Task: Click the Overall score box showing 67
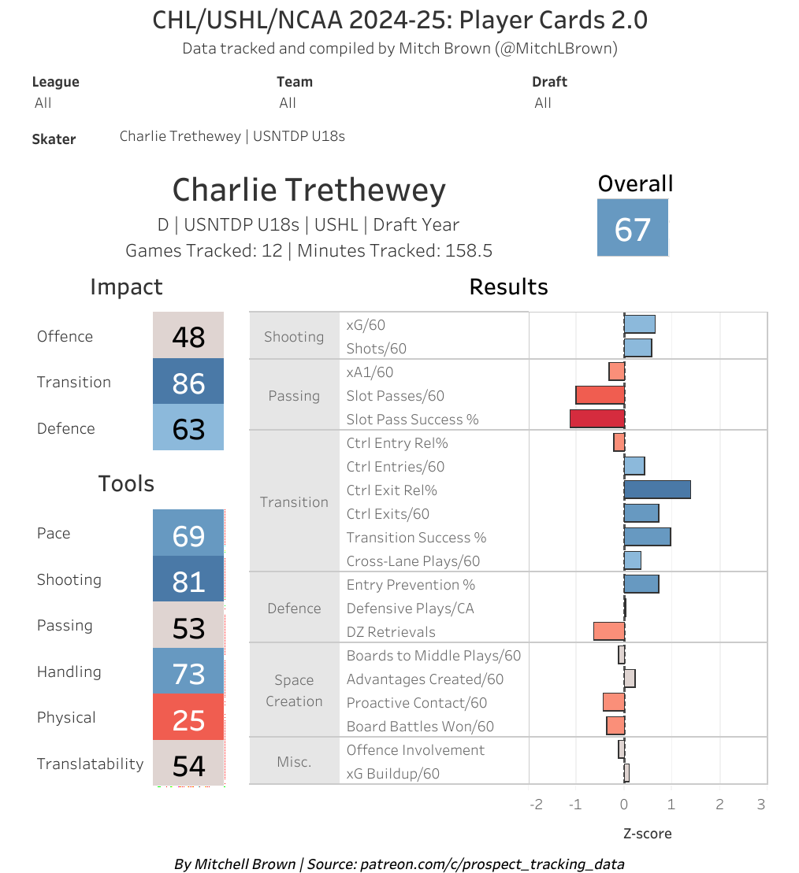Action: tap(633, 227)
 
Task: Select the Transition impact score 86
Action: tap(188, 383)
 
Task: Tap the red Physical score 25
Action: tap(188, 719)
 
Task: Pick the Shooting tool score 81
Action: tap(188, 581)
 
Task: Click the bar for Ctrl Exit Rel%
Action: tap(657, 490)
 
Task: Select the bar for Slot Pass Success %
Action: tap(596, 419)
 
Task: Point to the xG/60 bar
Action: tap(639, 324)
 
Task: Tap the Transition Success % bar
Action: tap(647, 537)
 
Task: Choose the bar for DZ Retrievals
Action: tap(608, 631)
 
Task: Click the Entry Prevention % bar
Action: tap(641, 584)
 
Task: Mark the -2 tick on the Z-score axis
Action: tap(536, 805)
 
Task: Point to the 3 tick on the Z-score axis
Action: tap(760, 805)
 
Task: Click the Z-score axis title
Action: tap(647, 833)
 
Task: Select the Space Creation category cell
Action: tap(294, 690)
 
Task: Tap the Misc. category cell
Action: tap(294, 761)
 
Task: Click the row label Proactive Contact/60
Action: tap(416, 703)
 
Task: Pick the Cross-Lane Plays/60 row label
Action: tap(412, 561)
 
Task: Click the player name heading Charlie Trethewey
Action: tap(309, 191)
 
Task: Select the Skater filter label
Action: tap(54, 139)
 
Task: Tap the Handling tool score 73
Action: tap(188, 674)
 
